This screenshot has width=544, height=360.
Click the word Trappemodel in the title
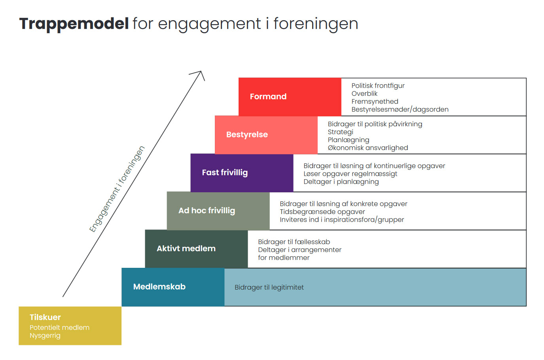coord(74,24)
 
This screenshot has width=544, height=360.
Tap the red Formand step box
coord(290,97)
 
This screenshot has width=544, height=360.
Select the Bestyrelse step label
coord(247,135)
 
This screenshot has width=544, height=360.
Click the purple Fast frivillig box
coord(242,172)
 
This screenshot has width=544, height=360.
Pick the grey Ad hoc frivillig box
coord(218,210)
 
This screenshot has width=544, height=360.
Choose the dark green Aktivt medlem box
coord(196,248)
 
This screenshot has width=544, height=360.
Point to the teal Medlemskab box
coord(173,287)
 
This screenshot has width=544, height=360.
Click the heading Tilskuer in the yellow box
coord(45,317)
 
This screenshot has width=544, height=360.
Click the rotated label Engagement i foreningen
coord(117,189)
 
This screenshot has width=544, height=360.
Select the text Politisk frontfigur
coord(378,85)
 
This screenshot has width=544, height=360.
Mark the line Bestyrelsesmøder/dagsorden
coord(400,109)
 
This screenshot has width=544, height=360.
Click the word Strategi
coord(340,132)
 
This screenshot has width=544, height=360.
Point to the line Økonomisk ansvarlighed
coord(368,148)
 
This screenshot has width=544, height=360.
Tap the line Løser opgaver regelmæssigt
coord(350,174)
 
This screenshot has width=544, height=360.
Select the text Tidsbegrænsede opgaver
coord(322,212)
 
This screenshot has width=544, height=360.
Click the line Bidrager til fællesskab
coord(294,242)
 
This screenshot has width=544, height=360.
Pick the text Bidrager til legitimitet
coord(269,287)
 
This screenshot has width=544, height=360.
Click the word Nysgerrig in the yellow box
coord(45,335)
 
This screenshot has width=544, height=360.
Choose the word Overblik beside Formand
coord(364,93)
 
